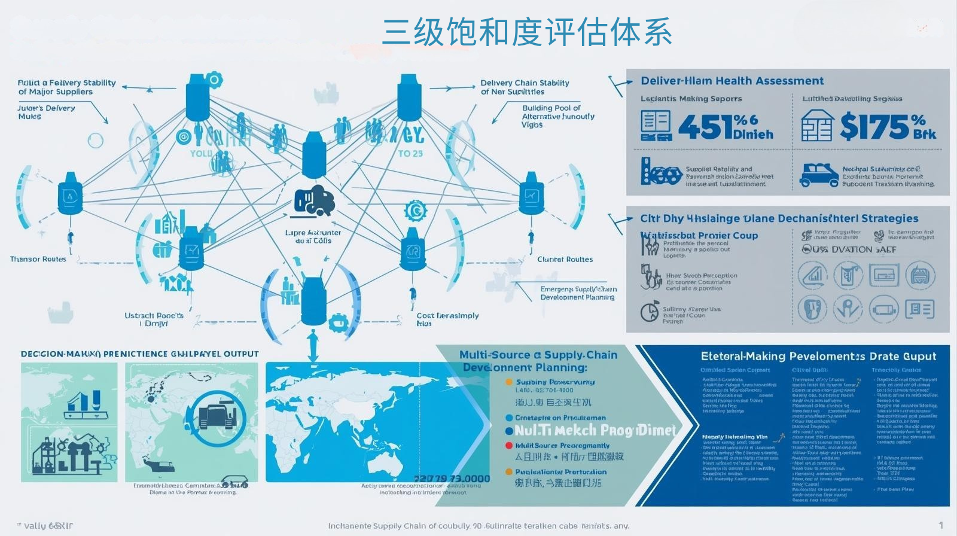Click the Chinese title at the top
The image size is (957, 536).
pyautogui.click(x=527, y=32)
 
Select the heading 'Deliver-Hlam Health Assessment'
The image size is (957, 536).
pyautogui.click(x=732, y=81)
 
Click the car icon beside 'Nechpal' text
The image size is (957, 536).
pyautogui.click(x=819, y=175)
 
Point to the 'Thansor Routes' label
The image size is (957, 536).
pyautogui.click(x=38, y=259)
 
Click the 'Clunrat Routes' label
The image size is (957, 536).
pyautogui.click(x=565, y=259)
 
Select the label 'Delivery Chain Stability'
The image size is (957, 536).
pyautogui.click(x=525, y=83)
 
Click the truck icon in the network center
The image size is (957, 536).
pyautogui.click(x=315, y=200)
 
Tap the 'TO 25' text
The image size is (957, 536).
pyautogui.click(x=410, y=154)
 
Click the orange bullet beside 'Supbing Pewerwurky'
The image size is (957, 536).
pyautogui.click(x=509, y=382)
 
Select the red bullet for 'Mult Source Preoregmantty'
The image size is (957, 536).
pyautogui.click(x=509, y=446)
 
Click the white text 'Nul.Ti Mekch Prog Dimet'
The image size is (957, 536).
pyautogui.click(x=595, y=430)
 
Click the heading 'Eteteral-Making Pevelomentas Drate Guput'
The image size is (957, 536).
pyautogui.click(x=818, y=357)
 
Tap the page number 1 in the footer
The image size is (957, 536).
pyautogui.click(x=941, y=525)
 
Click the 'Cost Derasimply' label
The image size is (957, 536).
pyautogui.click(x=447, y=316)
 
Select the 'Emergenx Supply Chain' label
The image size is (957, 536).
pyautogui.click(x=578, y=289)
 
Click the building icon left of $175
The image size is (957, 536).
pyautogui.click(x=816, y=126)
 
